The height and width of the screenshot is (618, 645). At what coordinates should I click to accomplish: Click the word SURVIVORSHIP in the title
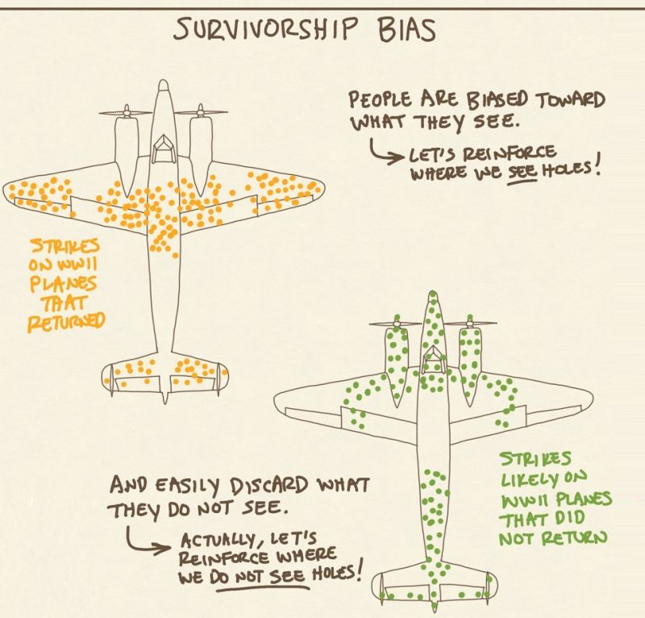point(264,30)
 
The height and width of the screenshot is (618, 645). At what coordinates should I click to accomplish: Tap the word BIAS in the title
point(404,30)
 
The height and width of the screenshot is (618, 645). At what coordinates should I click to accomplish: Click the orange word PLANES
point(65,284)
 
